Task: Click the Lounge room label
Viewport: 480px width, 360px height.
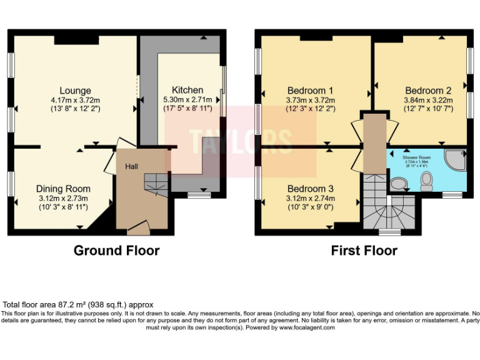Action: pyautogui.click(x=75, y=91)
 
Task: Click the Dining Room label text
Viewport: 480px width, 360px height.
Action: pyautogui.click(x=63, y=189)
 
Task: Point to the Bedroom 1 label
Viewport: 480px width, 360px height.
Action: pyautogui.click(x=310, y=89)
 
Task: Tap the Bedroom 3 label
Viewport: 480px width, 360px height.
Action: pyautogui.click(x=310, y=189)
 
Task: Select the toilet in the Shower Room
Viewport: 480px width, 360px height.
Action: pyautogui.click(x=427, y=181)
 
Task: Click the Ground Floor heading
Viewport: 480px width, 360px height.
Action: pyautogui.click(x=116, y=251)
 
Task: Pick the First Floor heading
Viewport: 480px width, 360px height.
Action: pyautogui.click(x=364, y=251)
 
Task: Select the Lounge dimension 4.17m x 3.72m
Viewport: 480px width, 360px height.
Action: pyautogui.click(x=75, y=100)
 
